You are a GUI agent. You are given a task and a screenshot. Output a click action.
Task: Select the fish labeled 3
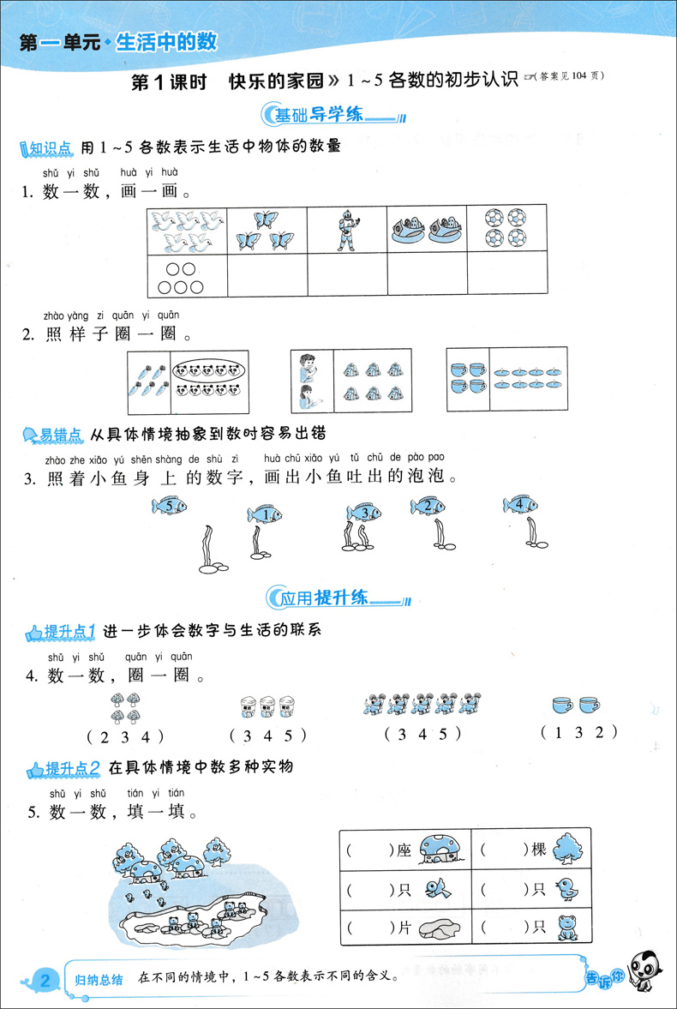363,512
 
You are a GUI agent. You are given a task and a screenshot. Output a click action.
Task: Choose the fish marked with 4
520,505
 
